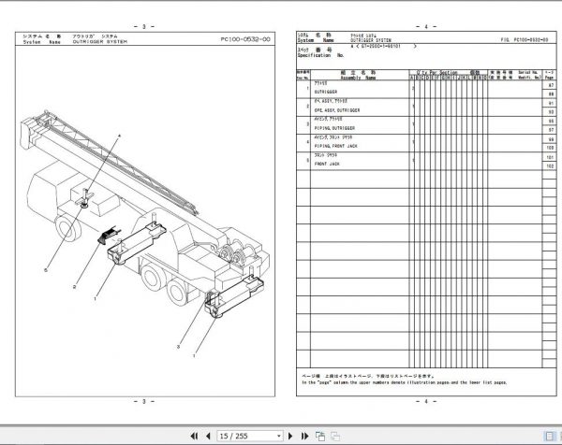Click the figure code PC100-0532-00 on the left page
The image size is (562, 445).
click(x=245, y=39)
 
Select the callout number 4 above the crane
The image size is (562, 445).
click(x=120, y=136)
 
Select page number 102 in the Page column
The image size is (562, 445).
click(x=549, y=165)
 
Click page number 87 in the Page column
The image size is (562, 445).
click(x=549, y=86)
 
